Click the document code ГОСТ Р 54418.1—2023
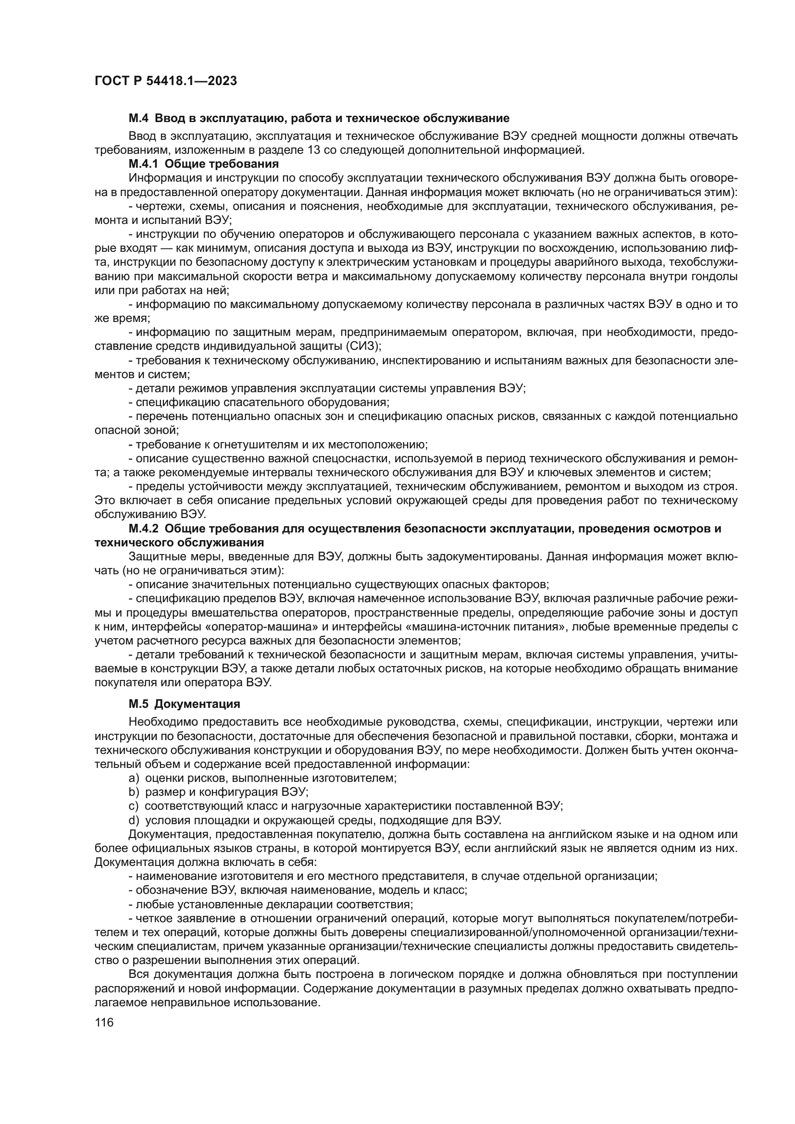(x=165, y=81)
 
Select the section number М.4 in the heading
(x=139, y=118)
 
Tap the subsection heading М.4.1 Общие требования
(x=204, y=163)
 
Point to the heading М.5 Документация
(x=184, y=704)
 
